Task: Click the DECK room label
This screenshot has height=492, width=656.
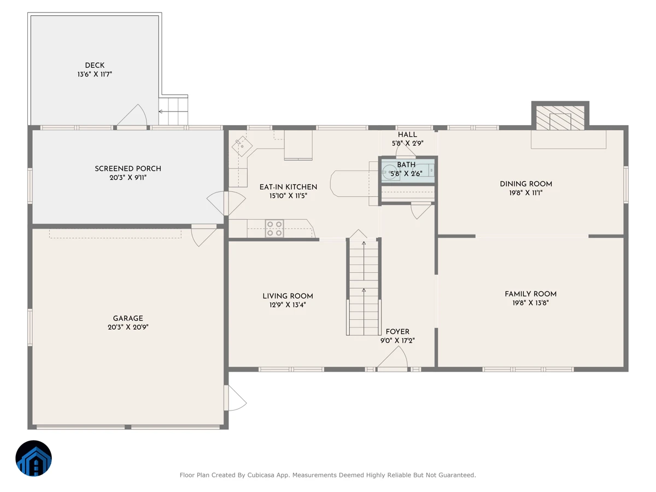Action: coord(95,66)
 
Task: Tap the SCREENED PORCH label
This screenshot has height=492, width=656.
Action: coord(128,169)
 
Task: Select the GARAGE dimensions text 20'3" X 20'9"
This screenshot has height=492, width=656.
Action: coord(128,327)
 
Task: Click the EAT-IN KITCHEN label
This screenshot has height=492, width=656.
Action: coord(288,187)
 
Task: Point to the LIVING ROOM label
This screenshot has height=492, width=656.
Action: coord(288,296)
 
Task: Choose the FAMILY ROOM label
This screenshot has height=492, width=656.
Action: coord(530,294)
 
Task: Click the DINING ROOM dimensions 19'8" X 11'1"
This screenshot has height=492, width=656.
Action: coord(526,193)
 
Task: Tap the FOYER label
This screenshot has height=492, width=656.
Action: coord(397,332)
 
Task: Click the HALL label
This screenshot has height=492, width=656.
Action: coord(407,134)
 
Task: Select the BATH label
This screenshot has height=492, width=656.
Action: coord(406,165)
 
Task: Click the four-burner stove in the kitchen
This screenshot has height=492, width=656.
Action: coord(274,229)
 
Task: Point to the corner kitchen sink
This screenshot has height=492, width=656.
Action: coord(242,147)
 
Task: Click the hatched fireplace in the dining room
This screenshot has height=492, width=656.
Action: coord(560,118)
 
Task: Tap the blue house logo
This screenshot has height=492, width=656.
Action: coord(33,458)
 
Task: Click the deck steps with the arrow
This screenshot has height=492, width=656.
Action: coord(173,112)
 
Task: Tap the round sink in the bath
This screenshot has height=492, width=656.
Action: coord(389,172)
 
